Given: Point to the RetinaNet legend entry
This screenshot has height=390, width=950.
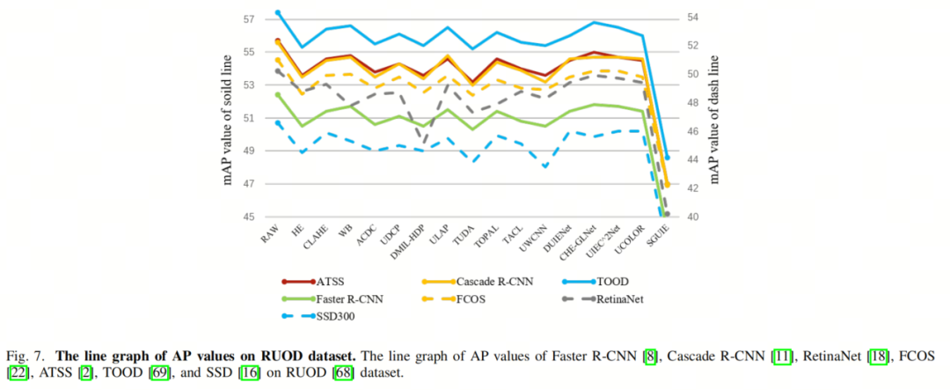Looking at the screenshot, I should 619,298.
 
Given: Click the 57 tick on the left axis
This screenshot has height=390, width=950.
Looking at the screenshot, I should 248,19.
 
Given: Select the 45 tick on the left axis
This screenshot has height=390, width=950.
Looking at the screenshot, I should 248,217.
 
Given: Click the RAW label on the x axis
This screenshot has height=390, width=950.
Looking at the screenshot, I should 270,233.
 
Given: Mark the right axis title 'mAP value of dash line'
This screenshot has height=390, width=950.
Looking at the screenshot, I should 714,118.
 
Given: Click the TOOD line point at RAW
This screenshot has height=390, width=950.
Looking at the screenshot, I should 278,12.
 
